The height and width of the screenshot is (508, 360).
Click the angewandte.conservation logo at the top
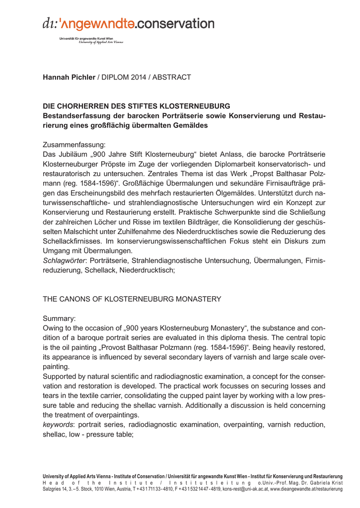[129, 23]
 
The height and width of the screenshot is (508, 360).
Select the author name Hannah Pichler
[69, 77]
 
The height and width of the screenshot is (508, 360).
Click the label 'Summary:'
[59, 318]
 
